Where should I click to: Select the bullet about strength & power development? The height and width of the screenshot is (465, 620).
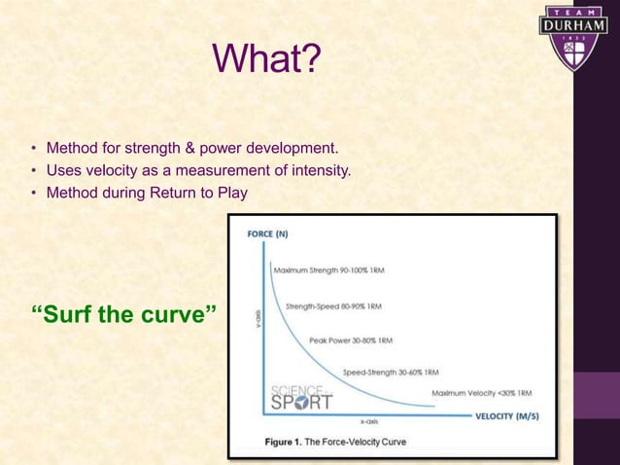click(x=191, y=149)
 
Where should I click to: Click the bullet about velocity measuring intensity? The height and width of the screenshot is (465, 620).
click(x=197, y=171)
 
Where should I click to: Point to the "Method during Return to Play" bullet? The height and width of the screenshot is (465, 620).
click(x=147, y=193)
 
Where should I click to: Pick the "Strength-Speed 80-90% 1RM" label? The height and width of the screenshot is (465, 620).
click(x=332, y=305)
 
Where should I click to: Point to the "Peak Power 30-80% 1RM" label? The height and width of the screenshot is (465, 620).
click(x=350, y=340)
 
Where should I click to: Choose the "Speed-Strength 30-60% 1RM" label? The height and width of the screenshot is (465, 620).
click(x=391, y=373)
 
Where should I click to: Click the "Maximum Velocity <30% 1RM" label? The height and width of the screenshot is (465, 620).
click(x=481, y=394)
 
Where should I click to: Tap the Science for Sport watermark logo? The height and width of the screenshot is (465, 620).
click(x=301, y=395)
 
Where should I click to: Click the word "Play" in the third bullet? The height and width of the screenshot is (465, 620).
click(x=233, y=193)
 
